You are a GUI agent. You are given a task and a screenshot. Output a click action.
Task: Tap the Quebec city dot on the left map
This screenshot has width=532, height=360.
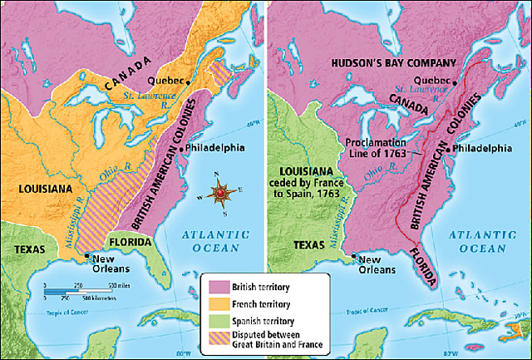tap(190, 81)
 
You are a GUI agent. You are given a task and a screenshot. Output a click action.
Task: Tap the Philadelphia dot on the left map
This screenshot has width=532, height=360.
tap(183, 149)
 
